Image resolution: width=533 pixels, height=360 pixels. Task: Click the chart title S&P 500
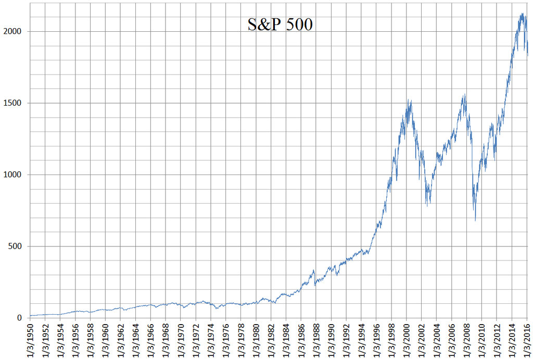280,24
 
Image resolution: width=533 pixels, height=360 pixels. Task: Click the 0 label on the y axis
21,318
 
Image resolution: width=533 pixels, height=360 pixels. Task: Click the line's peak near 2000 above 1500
409,100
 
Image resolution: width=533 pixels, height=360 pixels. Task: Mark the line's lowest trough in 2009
475,220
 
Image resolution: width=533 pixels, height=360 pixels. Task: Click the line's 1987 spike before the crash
313,270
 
